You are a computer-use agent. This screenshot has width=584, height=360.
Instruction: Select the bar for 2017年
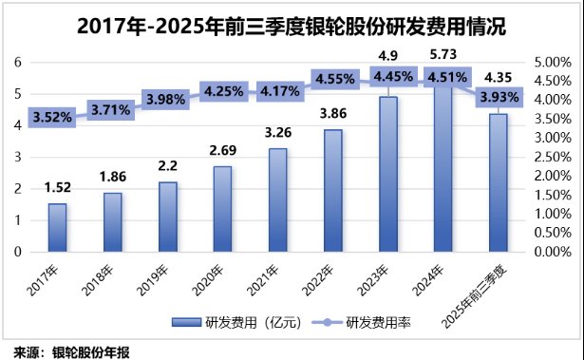click(x=57, y=228)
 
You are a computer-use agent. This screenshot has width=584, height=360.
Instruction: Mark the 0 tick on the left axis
click(x=17, y=253)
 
